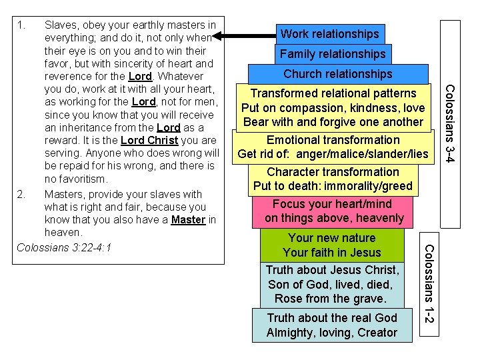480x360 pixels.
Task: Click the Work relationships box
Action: click(x=329, y=34)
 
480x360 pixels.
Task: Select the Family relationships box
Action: click(x=333, y=54)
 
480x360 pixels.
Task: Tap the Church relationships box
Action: click(x=338, y=74)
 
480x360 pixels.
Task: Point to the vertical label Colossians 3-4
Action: click(x=451, y=123)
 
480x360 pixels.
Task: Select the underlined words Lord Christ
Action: click(x=150, y=141)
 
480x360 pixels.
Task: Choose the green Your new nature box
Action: click(x=332, y=245)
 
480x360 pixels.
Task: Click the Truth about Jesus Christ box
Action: click(x=332, y=284)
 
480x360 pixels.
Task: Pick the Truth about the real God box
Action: click(x=332, y=325)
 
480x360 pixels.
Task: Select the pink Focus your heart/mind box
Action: click(x=334, y=211)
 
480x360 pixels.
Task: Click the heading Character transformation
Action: click(x=333, y=171)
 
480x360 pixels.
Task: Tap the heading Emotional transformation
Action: click(x=333, y=140)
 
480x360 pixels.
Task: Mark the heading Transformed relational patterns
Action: click(x=333, y=93)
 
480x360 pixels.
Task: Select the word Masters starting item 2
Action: click(x=64, y=195)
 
